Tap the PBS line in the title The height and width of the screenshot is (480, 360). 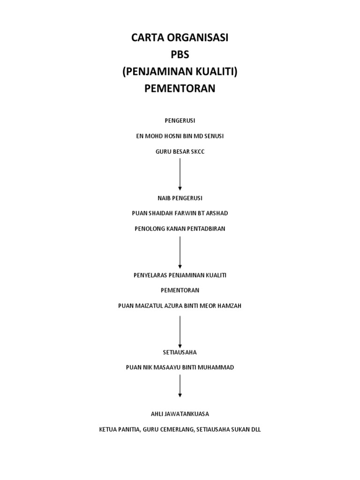pos(180,55)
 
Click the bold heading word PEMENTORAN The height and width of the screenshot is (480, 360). pos(180,89)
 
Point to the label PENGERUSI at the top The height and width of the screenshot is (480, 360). pos(180,120)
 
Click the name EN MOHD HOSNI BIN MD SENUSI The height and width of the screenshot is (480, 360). pos(180,136)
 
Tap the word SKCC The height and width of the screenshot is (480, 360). pos(197,151)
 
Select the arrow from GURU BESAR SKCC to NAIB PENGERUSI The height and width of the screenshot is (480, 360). pos(180,174)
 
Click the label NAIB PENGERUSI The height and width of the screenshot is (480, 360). pos(180,198)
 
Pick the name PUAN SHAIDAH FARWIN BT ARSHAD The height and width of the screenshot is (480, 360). pos(180,213)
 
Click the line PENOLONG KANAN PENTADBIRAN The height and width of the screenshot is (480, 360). pos(180,229)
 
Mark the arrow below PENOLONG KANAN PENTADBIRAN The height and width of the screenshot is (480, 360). pos(180,252)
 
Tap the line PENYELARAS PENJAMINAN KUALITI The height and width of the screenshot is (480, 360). pos(180,275)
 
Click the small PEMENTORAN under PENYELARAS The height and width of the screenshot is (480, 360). pos(180,290)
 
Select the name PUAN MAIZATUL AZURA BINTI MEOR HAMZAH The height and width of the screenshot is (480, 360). pos(180,306)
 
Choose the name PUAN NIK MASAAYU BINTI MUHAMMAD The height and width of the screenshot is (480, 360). pos(180,367)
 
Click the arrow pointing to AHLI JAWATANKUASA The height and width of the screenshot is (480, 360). pos(180,386)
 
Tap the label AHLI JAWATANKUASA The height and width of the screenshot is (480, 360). pos(180,413)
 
